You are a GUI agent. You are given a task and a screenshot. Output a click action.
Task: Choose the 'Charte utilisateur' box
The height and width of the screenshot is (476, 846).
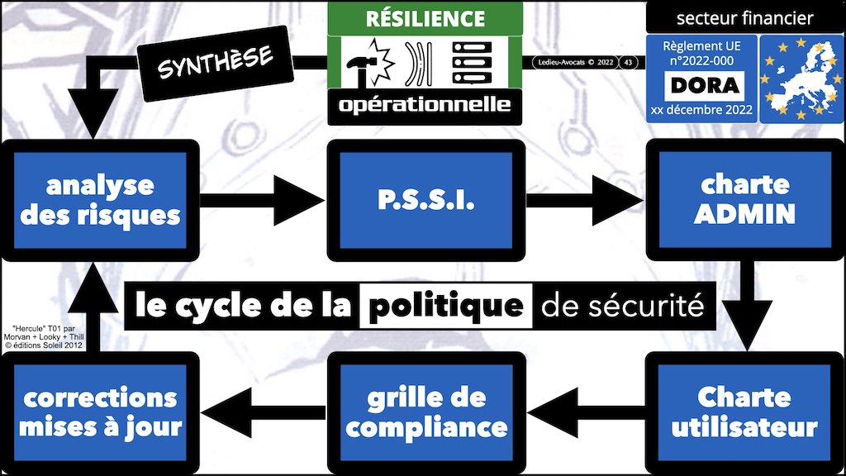tap(745, 412)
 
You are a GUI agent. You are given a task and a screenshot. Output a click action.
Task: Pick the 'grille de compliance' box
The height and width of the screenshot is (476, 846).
tap(425, 412)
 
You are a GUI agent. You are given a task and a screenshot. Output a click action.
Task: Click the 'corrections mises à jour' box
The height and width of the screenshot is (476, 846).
tap(99, 412)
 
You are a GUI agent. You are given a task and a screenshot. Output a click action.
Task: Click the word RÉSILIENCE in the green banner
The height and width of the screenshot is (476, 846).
tap(425, 17)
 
